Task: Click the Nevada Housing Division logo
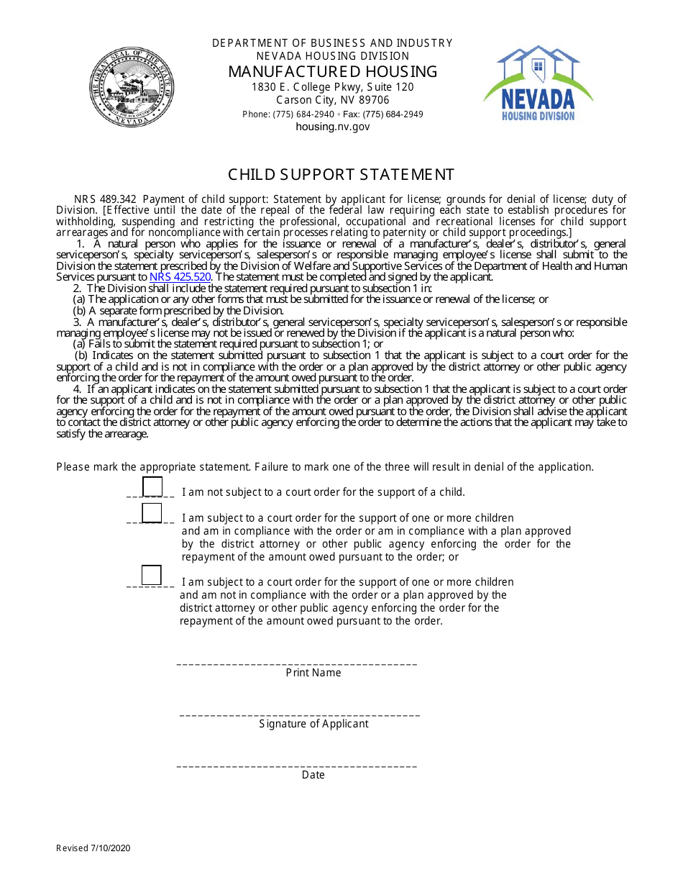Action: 538,83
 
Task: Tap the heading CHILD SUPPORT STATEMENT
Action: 341,175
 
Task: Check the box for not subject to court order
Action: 152,487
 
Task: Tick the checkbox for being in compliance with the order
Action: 152,513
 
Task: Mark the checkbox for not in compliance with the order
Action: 152,576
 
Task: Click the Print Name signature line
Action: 297,663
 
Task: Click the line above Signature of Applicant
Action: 299,714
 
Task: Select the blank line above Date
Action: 297,766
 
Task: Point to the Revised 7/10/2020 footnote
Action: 93,848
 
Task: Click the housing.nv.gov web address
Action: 333,127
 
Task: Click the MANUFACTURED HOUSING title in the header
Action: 333,71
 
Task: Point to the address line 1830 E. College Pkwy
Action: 333,87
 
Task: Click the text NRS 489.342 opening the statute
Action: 105,199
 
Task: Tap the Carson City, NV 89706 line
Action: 333,101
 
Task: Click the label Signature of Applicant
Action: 313,724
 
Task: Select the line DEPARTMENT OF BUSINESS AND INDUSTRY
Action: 333,43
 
